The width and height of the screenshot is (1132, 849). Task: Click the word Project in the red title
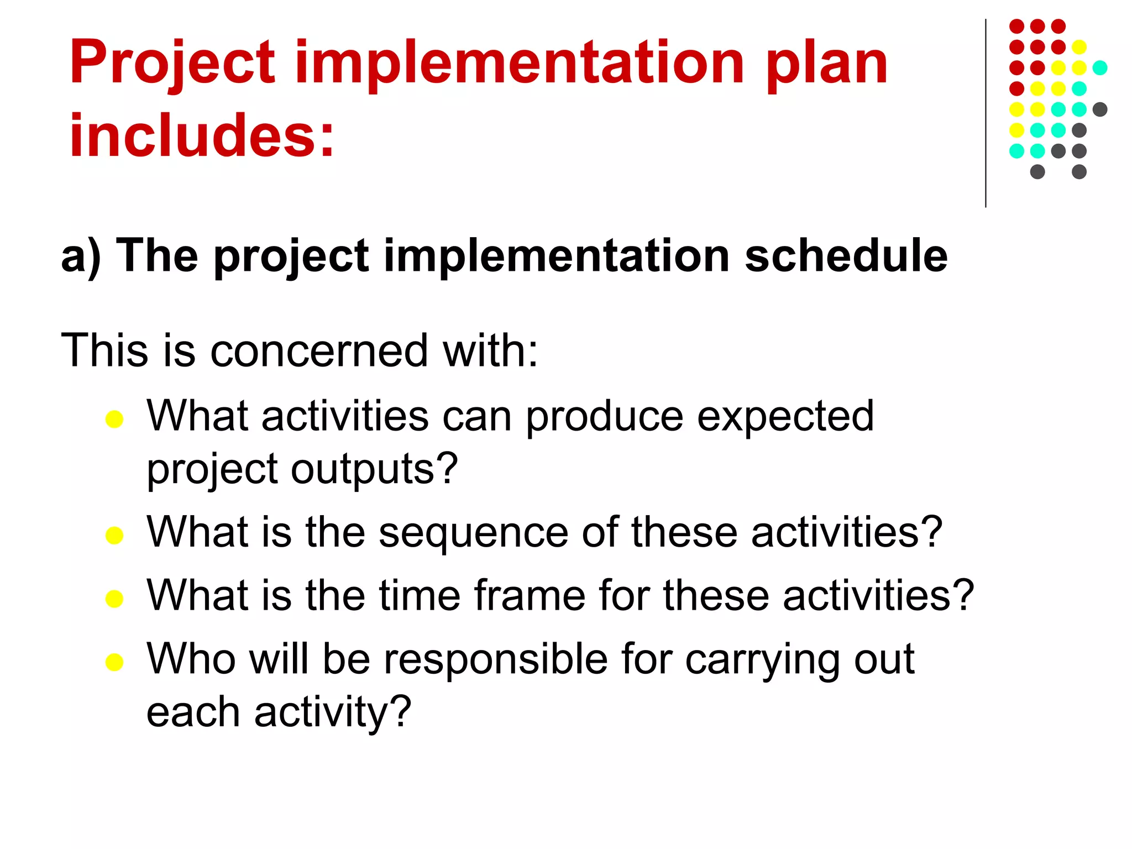172,64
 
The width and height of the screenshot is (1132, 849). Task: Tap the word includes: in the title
202,135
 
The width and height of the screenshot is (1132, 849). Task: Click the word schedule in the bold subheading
846,256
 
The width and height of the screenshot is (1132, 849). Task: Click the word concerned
319,350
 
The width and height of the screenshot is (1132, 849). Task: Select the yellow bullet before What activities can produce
114,420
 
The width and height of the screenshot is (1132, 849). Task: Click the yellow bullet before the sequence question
114,536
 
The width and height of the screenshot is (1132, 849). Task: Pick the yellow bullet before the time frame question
114,599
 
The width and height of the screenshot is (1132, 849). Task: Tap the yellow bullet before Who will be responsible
114,662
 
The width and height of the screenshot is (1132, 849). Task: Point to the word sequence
474,533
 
